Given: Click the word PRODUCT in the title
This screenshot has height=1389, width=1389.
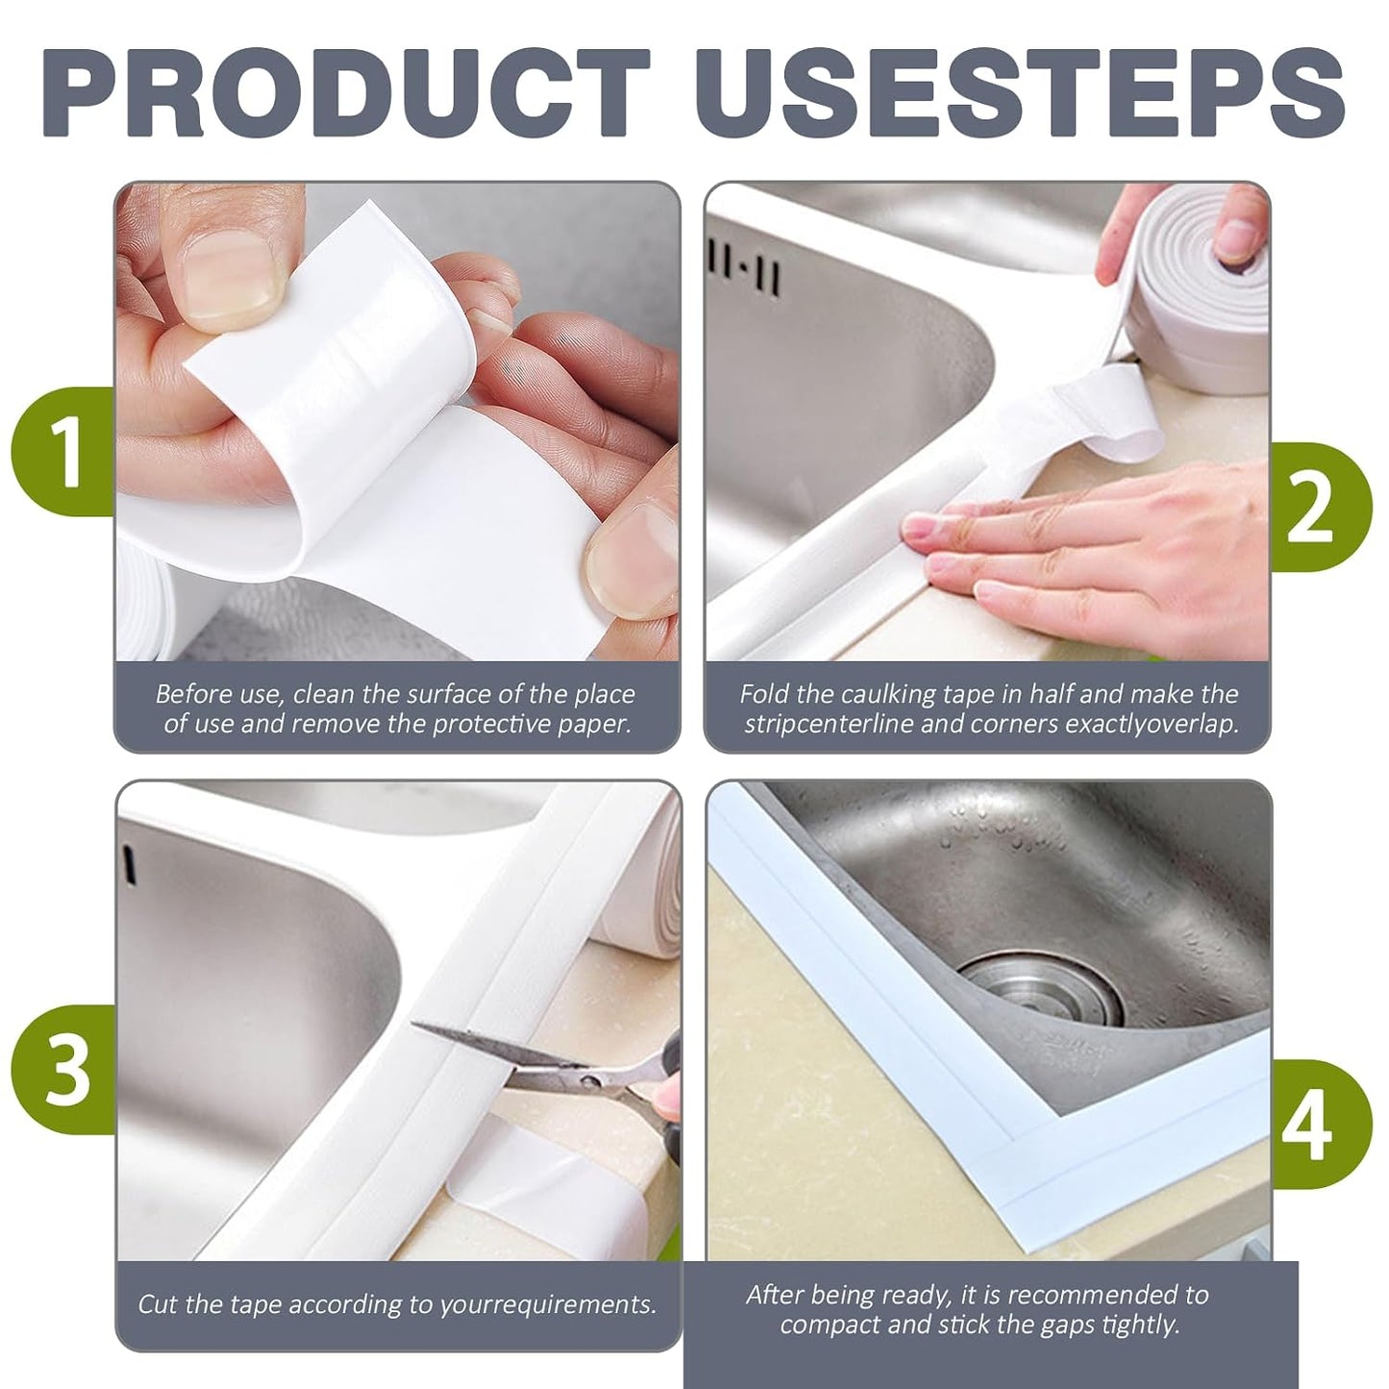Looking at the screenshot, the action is point(346,92).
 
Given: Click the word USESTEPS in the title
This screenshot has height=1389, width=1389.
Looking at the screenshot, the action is point(1021,92).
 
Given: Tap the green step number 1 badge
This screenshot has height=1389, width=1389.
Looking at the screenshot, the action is point(63,452).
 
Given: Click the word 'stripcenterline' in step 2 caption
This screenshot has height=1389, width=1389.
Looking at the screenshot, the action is point(829,724).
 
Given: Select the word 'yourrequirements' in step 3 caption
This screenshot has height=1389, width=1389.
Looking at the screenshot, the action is point(545,1305).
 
